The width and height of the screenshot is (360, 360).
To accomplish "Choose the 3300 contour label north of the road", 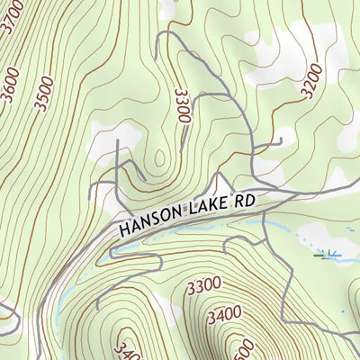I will pyautogui.click(x=183, y=106).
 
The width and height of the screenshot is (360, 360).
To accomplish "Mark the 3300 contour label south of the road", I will pyautogui.click(x=204, y=286).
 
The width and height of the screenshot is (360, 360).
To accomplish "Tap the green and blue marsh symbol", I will pyautogui.click(x=326, y=256).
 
